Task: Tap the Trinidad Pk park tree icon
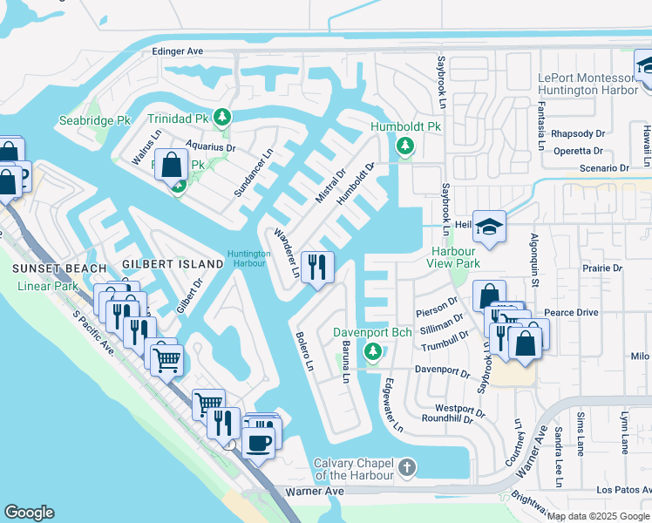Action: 222,117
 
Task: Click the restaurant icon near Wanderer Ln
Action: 316,265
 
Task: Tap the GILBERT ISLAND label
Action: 173,264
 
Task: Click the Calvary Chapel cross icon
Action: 405,469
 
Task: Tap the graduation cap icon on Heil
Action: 490,226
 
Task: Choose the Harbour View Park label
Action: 455,257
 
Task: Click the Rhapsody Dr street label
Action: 579,133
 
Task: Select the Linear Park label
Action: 47,287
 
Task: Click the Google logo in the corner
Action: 29,513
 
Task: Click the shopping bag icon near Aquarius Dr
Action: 172,163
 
